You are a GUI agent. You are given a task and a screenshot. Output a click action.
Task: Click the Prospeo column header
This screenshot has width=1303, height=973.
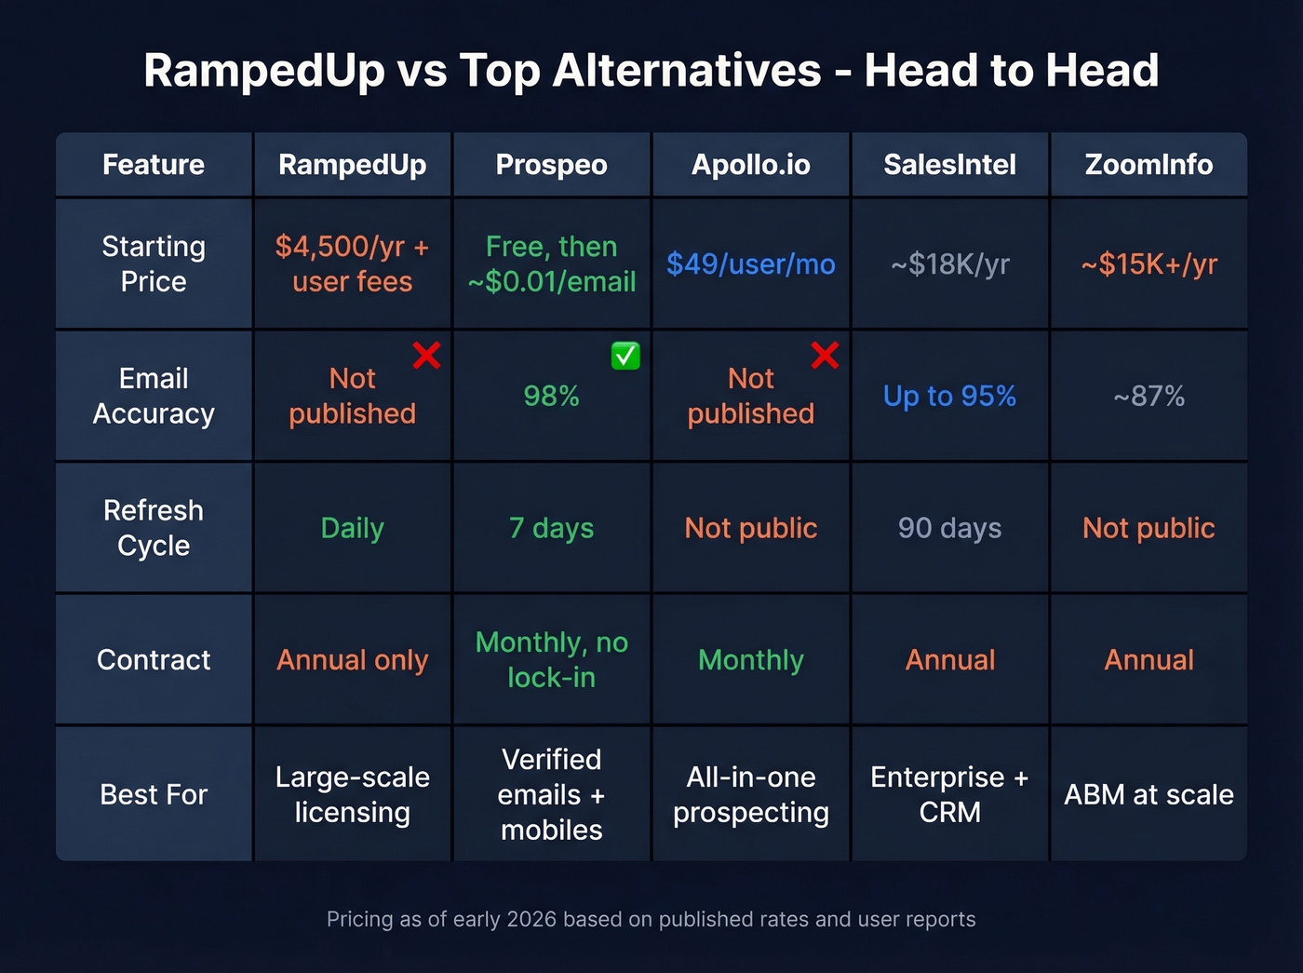[551, 165]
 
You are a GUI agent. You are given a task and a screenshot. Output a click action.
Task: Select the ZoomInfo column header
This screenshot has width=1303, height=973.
[1149, 165]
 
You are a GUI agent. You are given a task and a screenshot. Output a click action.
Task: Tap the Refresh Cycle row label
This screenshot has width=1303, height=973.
[154, 528]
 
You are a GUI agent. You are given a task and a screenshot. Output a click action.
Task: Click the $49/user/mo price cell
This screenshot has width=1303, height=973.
[750, 264]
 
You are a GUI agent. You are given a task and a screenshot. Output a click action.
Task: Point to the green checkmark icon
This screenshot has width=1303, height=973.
[625, 356]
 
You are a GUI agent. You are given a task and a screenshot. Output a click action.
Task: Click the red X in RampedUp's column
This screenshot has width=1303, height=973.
[426, 355]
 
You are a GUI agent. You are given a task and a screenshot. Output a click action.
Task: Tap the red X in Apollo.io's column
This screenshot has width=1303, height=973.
[825, 355]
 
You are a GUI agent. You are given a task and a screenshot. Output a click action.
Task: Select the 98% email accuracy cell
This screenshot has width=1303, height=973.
[551, 397]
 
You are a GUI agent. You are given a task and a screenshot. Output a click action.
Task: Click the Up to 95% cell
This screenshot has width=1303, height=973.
[949, 397]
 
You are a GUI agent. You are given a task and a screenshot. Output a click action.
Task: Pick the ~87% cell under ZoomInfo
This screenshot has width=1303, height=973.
[1149, 397]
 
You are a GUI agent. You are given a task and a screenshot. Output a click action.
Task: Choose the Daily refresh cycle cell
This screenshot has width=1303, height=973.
[352, 529]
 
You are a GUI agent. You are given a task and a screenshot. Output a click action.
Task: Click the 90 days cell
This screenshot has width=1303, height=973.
[949, 529]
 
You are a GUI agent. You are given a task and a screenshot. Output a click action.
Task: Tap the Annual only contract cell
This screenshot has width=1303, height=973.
[352, 660]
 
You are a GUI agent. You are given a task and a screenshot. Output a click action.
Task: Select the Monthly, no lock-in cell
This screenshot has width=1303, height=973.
[551, 660]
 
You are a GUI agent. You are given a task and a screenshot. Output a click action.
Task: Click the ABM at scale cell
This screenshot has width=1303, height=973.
[1149, 795]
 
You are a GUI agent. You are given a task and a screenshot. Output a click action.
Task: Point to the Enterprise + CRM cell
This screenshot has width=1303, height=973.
[949, 795]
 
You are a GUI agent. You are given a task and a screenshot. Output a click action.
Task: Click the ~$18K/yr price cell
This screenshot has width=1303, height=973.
[949, 264]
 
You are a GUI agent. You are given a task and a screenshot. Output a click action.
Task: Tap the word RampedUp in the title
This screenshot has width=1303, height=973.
[264, 71]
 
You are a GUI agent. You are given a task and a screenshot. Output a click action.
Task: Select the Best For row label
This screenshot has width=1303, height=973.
[154, 795]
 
